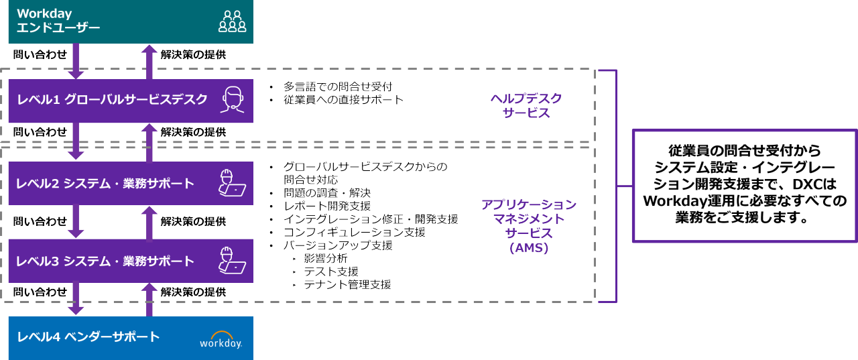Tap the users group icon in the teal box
pyautogui.click(x=232, y=21)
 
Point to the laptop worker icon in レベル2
pyautogui.click(x=232, y=183)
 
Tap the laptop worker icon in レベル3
pyautogui.click(x=232, y=261)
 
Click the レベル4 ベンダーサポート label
pyautogui.click(x=89, y=337)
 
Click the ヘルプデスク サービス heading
pyautogui.click(x=526, y=106)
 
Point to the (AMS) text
pyautogui.click(x=529, y=248)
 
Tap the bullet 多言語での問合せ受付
pyautogui.click(x=337, y=86)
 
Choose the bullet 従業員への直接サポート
pyautogui.click(x=343, y=100)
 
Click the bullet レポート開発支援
pyautogui.click(x=326, y=206)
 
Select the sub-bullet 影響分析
pyautogui.click(x=326, y=258)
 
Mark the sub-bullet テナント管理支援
pyautogui.click(x=347, y=284)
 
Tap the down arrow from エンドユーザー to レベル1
pyautogui.click(x=76, y=61)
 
